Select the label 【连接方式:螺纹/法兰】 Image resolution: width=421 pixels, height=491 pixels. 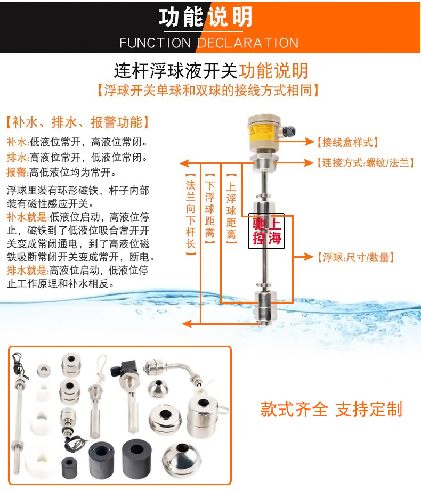pyautogui.click(x=365, y=162)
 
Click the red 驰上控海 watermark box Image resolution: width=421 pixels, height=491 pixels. pyautogui.click(x=266, y=232)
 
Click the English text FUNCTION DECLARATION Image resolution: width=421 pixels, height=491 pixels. pyautogui.click(x=208, y=43)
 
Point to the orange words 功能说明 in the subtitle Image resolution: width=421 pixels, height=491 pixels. pyautogui.click(x=273, y=70)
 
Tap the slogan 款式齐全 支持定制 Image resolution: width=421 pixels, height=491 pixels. pyautogui.click(x=331, y=409)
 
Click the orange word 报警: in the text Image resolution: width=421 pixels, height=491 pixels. pyautogui.click(x=18, y=172)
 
